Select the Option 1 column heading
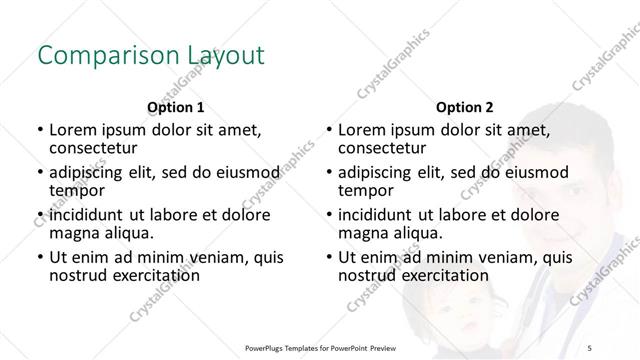pos(175,107)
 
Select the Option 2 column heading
pos(465,107)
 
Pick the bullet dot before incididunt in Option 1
pos(39,214)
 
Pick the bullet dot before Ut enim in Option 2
pos(329,256)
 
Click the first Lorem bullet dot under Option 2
pos(329,130)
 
